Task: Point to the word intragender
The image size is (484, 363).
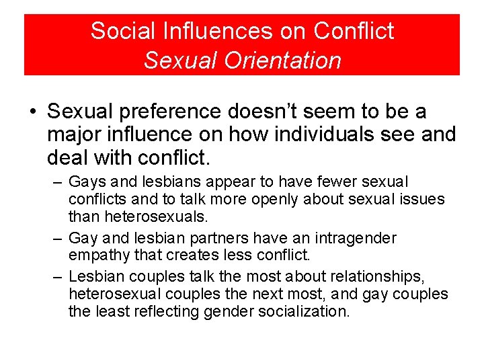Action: click(x=354, y=238)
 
